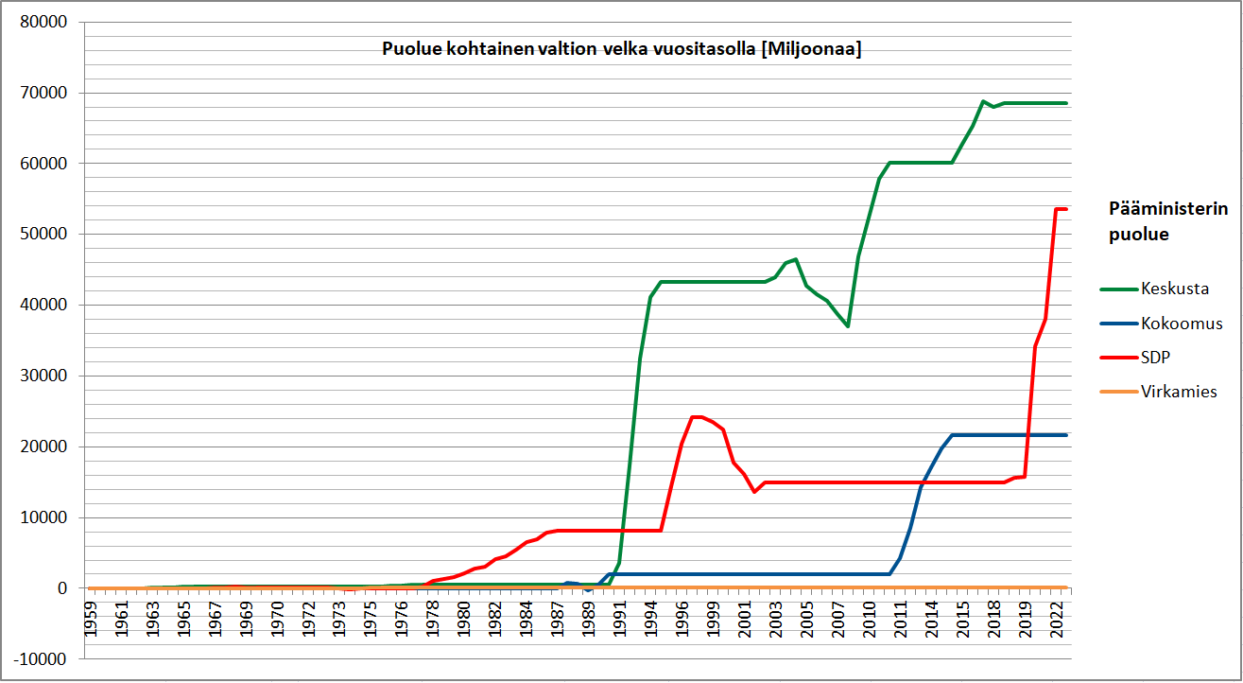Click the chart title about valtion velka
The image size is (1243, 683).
pyautogui.click(x=621, y=50)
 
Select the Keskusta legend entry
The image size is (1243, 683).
pyautogui.click(x=1175, y=289)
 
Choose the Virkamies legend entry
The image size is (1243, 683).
pyautogui.click(x=1179, y=392)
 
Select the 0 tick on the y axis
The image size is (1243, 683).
pyautogui.click(x=61, y=588)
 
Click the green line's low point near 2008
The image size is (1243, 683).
pyautogui.click(x=848, y=326)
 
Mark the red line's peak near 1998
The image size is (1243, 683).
pyautogui.click(x=696, y=416)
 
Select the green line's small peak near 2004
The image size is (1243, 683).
pyautogui.click(x=796, y=259)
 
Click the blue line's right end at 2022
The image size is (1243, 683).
pyautogui.click(x=1065, y=435)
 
